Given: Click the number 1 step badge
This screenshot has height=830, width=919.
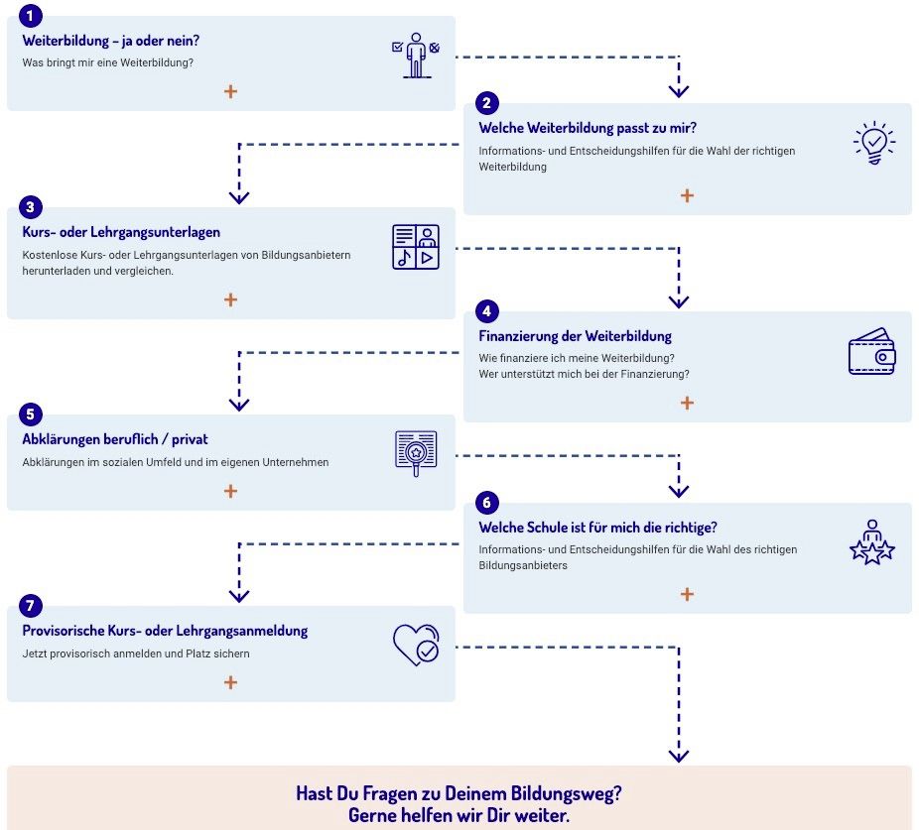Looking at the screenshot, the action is pyautogui.click(x=31, y=16).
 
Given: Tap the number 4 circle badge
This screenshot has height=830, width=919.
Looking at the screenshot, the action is pyautogui.click(x=486, y=311).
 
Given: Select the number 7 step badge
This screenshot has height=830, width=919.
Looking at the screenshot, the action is pyautogui.click(x=31, y=606).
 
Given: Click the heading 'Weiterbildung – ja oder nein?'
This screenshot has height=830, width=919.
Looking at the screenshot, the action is pyautogui.click(x=111, y=41).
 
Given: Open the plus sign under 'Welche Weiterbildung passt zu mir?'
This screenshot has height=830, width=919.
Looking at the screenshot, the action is pyautogui.click(x=687, y=195).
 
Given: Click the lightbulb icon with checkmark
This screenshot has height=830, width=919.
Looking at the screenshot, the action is pyautogui.click(x=874, y=143).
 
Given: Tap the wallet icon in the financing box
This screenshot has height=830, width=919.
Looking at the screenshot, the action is pyautogui.click(x=872, y=351).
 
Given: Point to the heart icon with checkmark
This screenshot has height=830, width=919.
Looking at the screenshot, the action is pyautogui.click(x=416, y=645).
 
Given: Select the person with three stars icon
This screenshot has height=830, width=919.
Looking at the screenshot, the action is pyautogui.click(x=872, y=542).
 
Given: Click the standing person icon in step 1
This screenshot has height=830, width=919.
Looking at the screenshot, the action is pyautogui.click(x=416, y=56).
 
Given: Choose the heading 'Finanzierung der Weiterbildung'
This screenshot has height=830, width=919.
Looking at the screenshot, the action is pyautogui.click(x=575, y=336).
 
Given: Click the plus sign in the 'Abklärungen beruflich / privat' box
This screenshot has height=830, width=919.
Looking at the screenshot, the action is pyautogui.click(x=231, y=491).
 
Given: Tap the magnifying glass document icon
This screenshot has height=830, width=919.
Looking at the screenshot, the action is pyautogui.click(x=416, y=453).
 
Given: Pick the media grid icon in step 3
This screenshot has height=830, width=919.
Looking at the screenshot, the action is pyautogui.click(x=416, y=247).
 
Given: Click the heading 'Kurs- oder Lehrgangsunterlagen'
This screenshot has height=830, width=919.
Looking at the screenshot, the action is pyautogui.click(x=121, y=233).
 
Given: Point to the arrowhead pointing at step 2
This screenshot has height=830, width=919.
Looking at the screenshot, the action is pyautogui.click(x=679, y=91).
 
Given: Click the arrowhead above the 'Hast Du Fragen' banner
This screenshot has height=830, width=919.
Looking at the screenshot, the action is pyautogui.click(x=679, y=757).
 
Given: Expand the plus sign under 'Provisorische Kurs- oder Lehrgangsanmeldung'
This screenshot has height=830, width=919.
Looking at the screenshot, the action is pyautogui.click(x=231, y=682).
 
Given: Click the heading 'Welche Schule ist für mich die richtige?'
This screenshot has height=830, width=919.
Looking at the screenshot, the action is pyautogui.click(x=597, y=528).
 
